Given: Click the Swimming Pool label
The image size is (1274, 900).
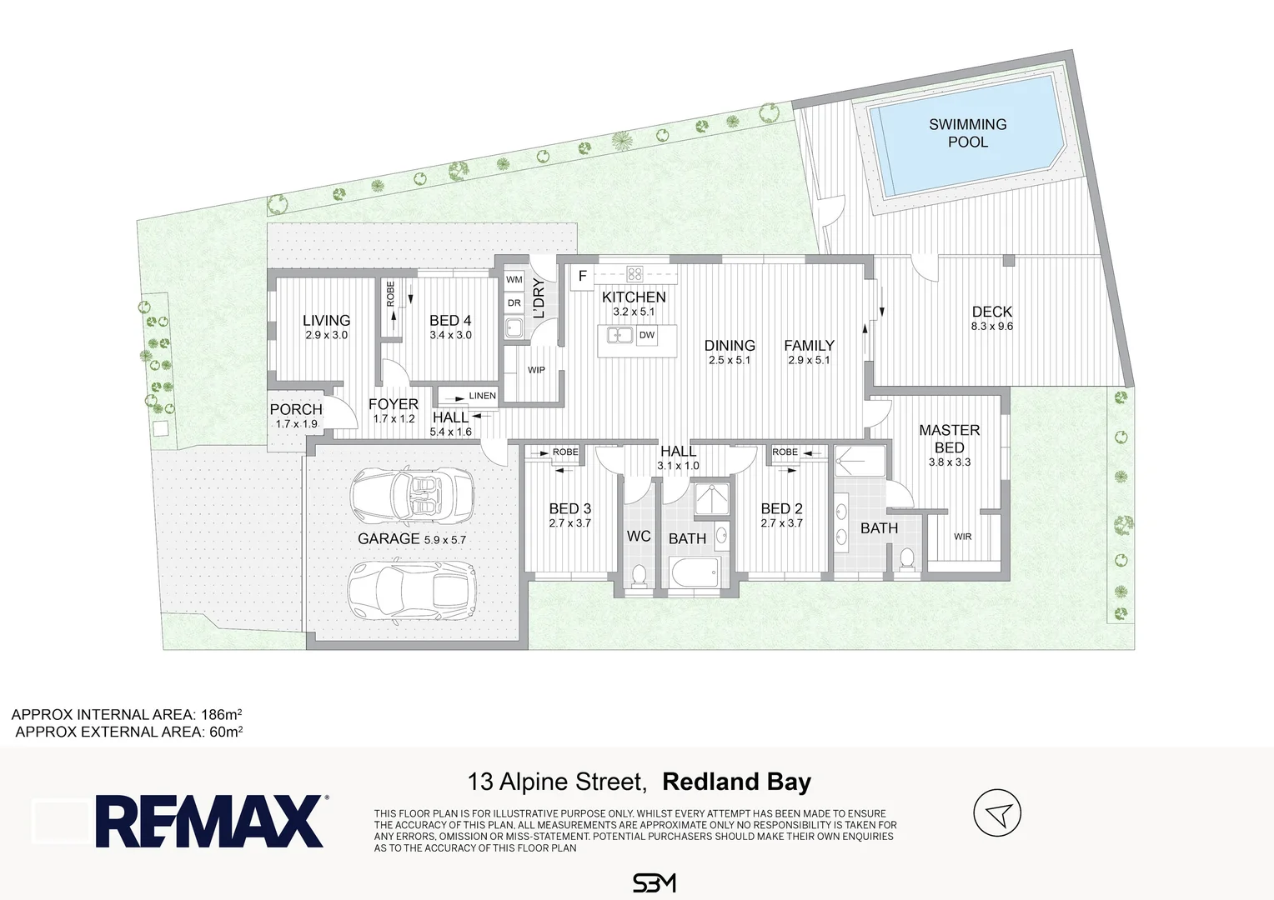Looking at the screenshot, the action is pos(967,132).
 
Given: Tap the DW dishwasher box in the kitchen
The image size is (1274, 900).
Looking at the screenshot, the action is pos(647,335).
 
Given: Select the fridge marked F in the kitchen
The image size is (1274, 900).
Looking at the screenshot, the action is pos(582,277).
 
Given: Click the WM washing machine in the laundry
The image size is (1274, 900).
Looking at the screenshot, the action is pos(514,280).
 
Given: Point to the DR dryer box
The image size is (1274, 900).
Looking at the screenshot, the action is pos(514,303).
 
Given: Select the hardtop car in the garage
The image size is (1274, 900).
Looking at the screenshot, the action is pos(412,592).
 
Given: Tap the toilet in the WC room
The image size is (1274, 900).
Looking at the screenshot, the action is pos(640,575).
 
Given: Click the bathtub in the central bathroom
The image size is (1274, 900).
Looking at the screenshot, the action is pos(695,574).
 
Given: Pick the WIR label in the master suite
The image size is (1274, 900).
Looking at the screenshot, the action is pos(962,536).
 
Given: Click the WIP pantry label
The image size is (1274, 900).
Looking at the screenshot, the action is pos(536,370).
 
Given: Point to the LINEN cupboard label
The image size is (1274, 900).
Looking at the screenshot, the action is pos(482,396).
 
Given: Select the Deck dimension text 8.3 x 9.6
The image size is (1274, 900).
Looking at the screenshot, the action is pos(992,327).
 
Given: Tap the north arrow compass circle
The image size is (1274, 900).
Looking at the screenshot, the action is pos(997,812).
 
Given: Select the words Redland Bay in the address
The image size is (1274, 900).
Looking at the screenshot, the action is pos(736,782).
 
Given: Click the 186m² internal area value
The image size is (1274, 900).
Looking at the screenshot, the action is pos(221,714).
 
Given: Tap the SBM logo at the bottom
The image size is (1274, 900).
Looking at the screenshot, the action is pos(654,883).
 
